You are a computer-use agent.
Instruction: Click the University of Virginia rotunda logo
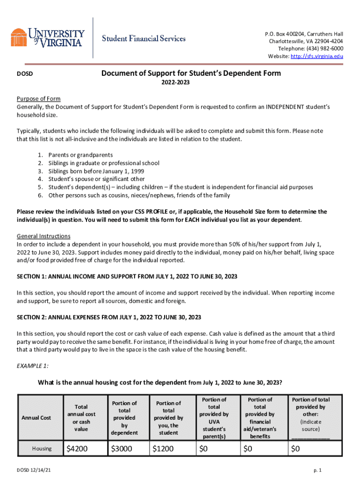(19, 37)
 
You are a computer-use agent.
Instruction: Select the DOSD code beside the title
(24, 74)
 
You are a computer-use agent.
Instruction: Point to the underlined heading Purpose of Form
(39, 99)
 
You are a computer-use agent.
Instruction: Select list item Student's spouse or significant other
(96, 179)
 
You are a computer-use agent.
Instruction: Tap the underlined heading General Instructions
(43, 236)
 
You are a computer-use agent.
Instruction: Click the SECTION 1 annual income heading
(127, 276)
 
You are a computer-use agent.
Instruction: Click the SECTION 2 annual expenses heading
(109, 317)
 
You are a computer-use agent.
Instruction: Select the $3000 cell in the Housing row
(122, 449)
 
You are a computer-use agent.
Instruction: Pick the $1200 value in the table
(163, 449)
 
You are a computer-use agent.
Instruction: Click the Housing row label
(42, 449)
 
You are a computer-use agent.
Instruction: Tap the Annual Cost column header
(41, 417)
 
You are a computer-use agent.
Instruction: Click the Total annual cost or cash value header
(81, 418)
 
